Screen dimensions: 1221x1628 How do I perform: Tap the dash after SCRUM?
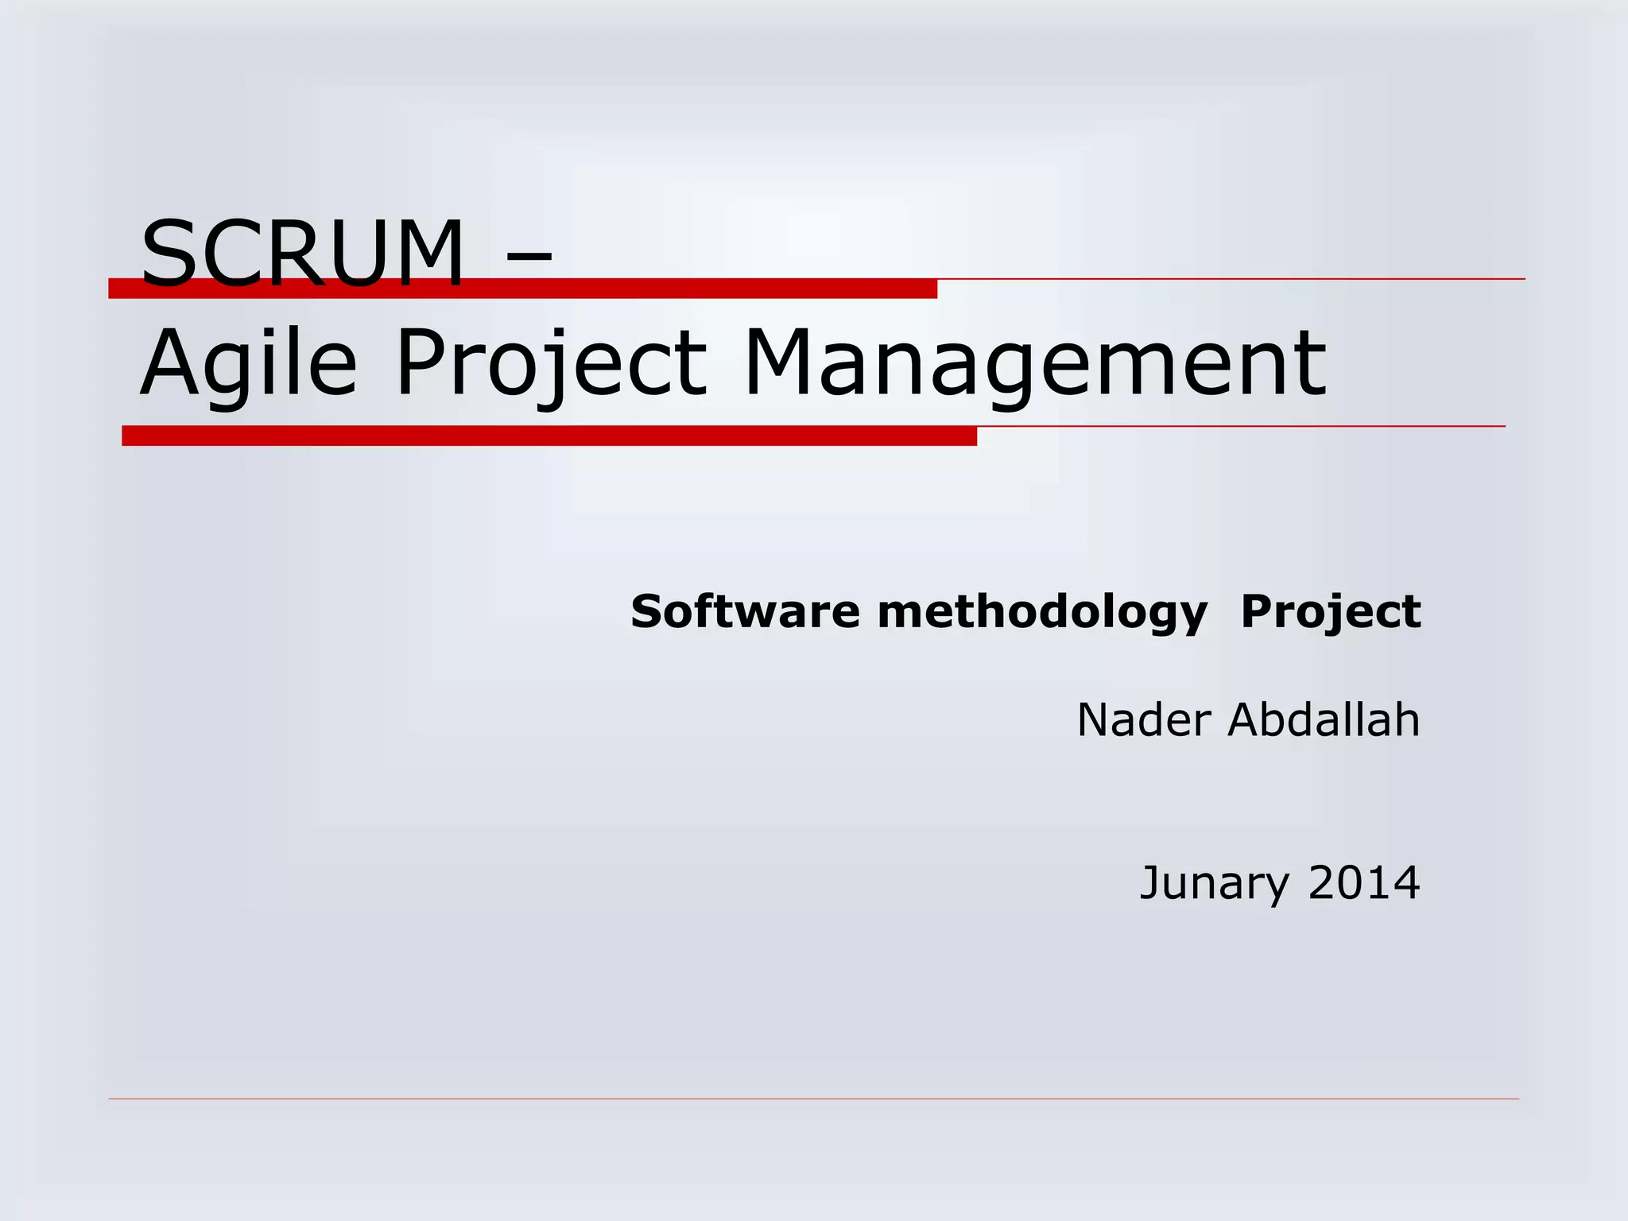point(527,256)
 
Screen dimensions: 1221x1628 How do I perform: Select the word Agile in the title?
point(248,363)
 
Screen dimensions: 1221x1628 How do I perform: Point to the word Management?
point(1034,363)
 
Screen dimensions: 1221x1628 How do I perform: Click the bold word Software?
point(745,611)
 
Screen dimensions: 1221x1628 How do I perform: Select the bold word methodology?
point(1042,613)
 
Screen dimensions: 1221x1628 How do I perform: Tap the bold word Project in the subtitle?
point(1331,613)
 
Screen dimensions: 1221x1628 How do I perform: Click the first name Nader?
point(1144,720)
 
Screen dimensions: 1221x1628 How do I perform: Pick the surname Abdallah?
point(1324,720)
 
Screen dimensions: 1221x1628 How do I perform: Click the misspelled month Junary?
point(1215,883)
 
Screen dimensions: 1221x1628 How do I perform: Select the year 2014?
point(1363,882)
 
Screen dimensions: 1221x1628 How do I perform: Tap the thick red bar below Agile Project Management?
point(548,436)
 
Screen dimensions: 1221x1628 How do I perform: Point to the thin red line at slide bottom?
point(813,1099)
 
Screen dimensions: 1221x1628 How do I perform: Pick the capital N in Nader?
point(1096,720)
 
